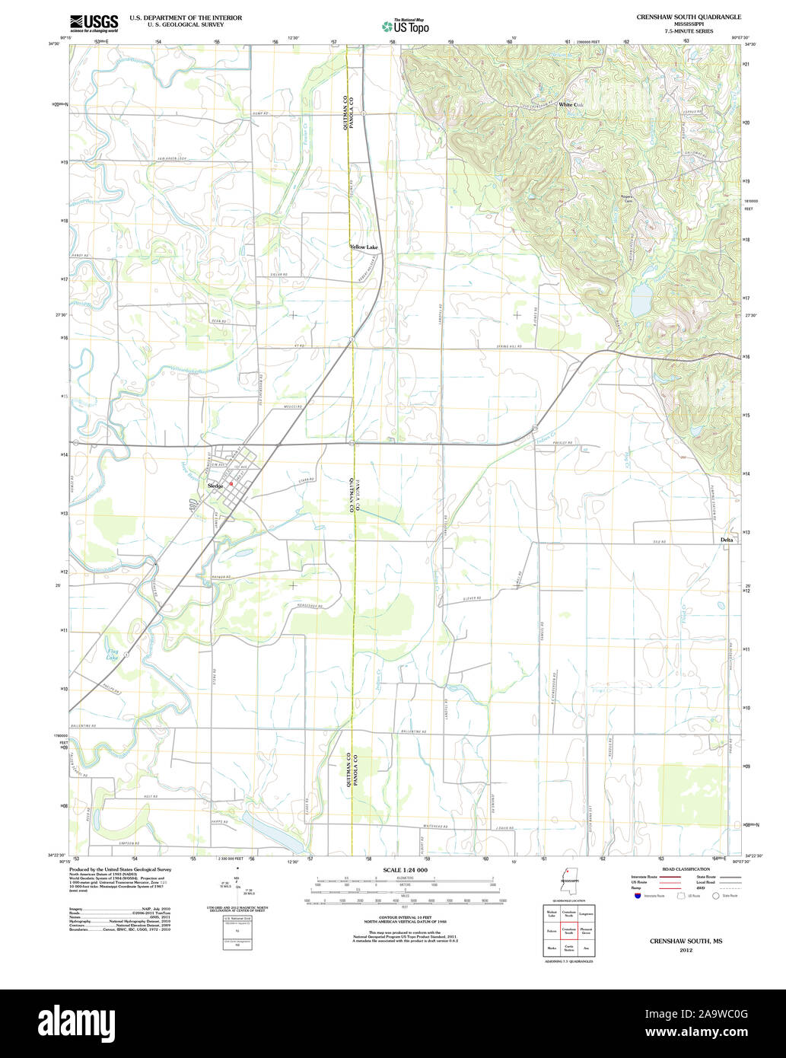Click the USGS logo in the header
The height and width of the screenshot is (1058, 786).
[94, 22]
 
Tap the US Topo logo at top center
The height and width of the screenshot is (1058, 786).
[406, 25]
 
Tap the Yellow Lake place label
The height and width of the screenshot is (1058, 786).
[364, 247]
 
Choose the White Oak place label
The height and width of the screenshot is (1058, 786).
[571, 104]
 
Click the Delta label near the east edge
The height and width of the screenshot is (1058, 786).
[727, 540]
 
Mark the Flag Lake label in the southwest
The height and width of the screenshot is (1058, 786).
[113, 653]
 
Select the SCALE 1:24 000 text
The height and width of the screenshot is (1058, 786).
[405, 870]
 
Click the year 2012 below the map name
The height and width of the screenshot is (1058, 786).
[686, 951]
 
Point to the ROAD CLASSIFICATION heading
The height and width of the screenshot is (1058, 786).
[686, 869]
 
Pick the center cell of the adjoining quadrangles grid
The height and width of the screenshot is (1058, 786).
[568, 931]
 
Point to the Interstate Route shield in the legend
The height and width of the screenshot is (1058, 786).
[638, 896]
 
